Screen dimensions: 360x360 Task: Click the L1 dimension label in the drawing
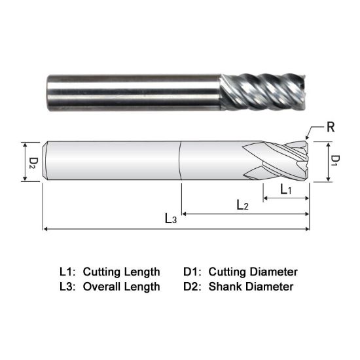click(x=286, y=189)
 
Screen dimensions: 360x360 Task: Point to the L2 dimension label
click(x=242, y=205)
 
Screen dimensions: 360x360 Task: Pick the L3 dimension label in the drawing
click(x=170, y=219)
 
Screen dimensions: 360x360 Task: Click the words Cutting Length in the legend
click(x=121, y=271)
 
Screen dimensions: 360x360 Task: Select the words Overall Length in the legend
click(x=121, y=286)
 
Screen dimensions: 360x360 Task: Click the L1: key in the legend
click(x=68, y=271)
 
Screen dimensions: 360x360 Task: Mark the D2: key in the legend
click(x=194, y=286)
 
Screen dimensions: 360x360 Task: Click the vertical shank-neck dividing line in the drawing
click(x=181, y=161)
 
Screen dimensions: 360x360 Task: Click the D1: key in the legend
click(x=194, y=271)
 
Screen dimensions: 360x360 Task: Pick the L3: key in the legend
click(x=68, y=286)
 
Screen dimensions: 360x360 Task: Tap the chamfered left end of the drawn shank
click(x=45, y=161)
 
